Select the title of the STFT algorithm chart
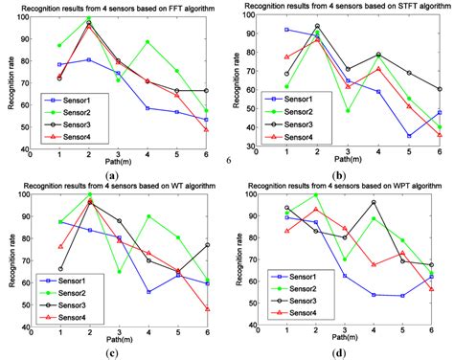pos(341,7)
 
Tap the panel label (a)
pos(112,174)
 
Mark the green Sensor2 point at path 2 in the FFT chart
pos(89,19)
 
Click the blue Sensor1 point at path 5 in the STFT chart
pos(408,135)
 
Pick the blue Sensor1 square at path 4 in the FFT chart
pos(148,108)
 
